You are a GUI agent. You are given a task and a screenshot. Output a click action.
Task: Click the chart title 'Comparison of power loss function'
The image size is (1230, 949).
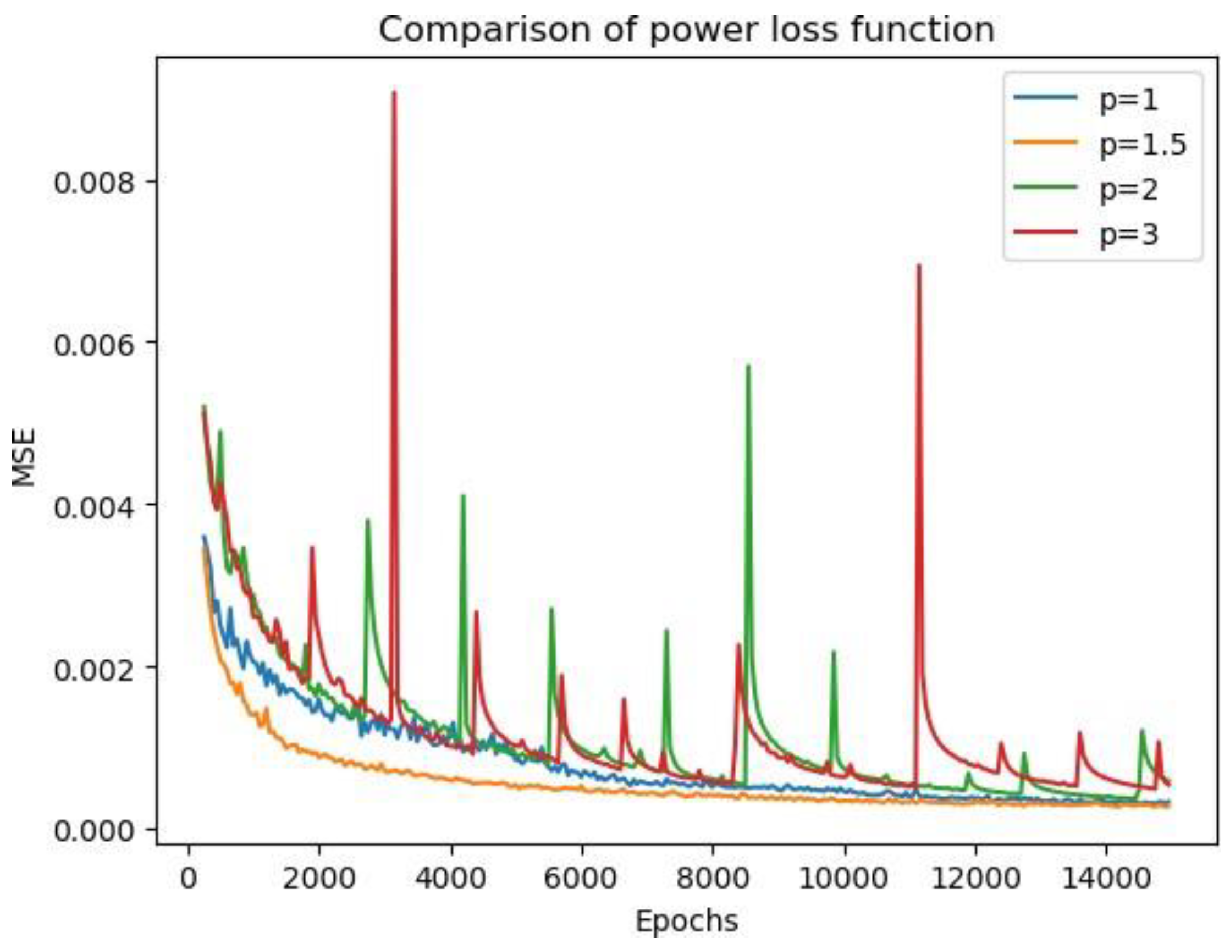(686, 29)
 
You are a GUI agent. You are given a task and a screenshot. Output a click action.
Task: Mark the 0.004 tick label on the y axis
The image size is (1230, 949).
(96, 505)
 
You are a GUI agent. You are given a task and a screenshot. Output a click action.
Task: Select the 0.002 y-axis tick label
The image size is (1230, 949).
(96, 668)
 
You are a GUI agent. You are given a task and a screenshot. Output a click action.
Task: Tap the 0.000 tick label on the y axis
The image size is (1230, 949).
(96, 830)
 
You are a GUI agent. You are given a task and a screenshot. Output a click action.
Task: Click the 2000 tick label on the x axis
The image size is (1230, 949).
(319, 879)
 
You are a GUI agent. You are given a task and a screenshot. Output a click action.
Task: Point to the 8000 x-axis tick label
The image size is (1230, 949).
(713, 879)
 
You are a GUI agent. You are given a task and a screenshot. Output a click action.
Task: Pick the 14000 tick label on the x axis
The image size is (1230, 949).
(1105, 879)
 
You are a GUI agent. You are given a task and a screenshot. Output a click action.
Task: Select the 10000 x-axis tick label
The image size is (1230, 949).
(843, 879)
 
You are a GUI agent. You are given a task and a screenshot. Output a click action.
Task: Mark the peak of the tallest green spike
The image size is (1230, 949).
(748, 366)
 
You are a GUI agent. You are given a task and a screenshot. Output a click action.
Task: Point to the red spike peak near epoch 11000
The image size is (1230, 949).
(919, 265)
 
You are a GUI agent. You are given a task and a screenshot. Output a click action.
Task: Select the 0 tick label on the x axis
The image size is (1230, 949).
(189, 879)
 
